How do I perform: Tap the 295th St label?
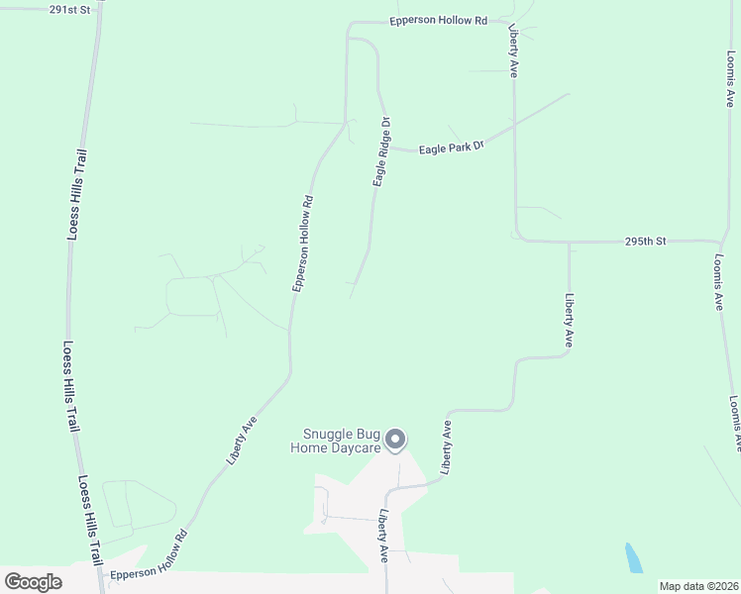click(649, 241)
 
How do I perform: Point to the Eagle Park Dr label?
click(450, 148)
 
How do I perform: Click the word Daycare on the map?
click(357, 447)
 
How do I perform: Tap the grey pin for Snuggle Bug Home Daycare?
click(395, 440)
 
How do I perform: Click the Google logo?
click(33, 582)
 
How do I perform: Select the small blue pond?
click(633, 558)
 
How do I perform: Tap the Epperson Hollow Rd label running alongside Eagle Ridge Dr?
click(302, 243)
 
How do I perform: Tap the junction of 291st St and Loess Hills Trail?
click(98, 8)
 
